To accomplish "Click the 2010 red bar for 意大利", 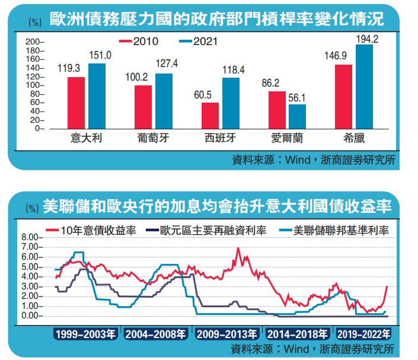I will pos(76,103).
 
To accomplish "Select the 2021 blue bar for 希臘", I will pos(364,87).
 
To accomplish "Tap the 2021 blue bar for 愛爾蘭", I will pos(297,116).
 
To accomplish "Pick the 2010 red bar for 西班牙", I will pos(210,115).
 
